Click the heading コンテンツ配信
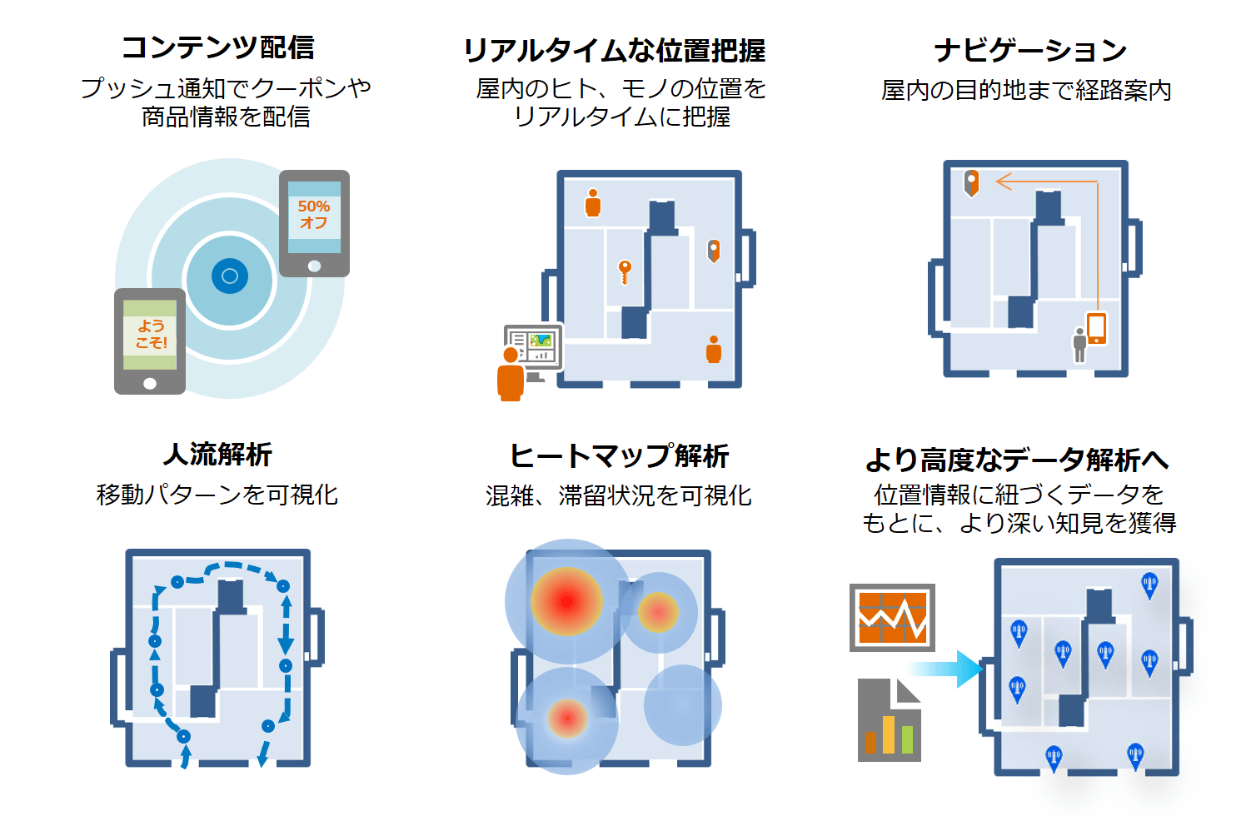pyautogui.click(x=217, y=47)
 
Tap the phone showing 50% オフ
pyautogui.click(x=314, y=223)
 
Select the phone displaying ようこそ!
pyautogui.click(x=150, y=341)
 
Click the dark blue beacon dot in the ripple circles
pyautogui.click(x=230, y=276)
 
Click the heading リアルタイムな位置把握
pyautogui.click(x=614, y=51)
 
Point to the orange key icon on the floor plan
pyautogui.click(x=625, y=271)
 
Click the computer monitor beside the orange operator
pyautogui.click(x=534, y=347)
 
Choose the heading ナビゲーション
pyautogui.click(x=1029, y=51)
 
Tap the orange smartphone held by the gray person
pyautogui.click(x=1096, y=328)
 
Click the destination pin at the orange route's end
pyautogui.click(x=971, y=182)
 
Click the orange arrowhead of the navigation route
pyautogui.click(x=1003, y=181)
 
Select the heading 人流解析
pyautogui.click(x=217, y=455)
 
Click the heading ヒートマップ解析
pyautogui.click(x=619, y=456)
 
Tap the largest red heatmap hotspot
pyautogui.click(x=566, y=601)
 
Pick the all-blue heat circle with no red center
pyautogui.click(x=682, y=704)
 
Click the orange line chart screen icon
pyautogui.click(x=892, y=618)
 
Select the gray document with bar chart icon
pyautogui.click(x=889, y=720)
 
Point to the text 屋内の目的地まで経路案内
pyautogui.click(x=1026, y=91)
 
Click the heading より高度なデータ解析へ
pyautogui.click(x=1017, y=460)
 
